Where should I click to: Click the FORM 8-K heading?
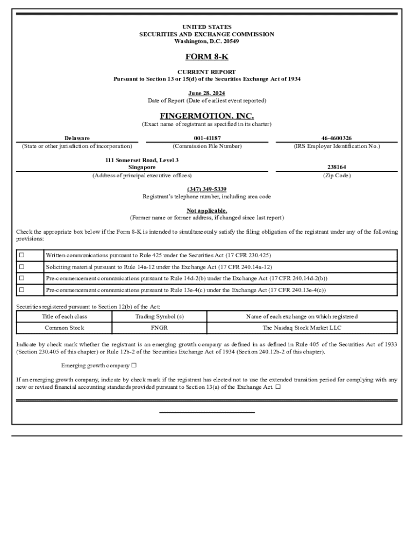pos(206,57)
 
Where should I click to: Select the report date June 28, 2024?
pos(206,93)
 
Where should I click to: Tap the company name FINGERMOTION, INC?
pos(206,116)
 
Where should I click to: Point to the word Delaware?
pos(77,138)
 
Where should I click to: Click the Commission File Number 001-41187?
pos(207,138)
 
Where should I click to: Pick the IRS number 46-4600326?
pos(337,138)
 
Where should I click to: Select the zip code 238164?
pos(337,167)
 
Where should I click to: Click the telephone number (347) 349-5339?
pos(206,189)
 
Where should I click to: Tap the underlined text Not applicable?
pos(206,211)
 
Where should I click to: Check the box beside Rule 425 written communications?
pos(22,255)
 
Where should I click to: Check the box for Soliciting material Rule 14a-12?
pos(22,267)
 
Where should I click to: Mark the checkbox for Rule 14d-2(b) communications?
pos(22,278)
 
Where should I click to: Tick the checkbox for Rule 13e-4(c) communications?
pos(22,290)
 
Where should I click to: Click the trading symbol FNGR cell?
pos(159,328)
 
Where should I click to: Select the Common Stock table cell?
pos(64,328)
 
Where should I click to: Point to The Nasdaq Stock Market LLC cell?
pos(302,328)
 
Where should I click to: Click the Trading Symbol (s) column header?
pos(159,316)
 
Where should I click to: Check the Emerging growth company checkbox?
pos(134,366)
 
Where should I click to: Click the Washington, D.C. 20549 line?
pos(206,41)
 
